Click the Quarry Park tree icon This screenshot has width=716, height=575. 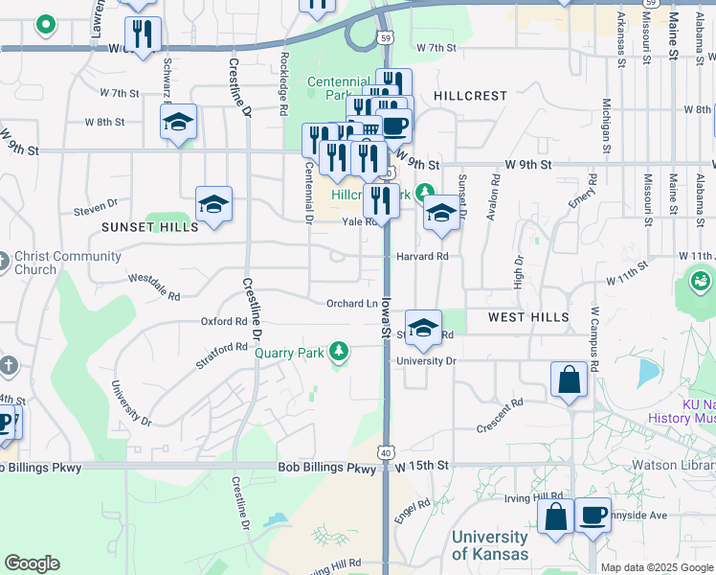(x=337, y=352)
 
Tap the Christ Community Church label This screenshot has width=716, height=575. (x=68, y=263)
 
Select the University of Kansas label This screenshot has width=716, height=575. (x=489, y=545)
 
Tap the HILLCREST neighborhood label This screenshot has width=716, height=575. (x=469, y=96)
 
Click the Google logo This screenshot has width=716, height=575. (x=32, y=563)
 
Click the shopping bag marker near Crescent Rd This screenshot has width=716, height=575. (x=570, y=379)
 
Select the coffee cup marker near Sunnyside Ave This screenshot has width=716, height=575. (x=593, y=517)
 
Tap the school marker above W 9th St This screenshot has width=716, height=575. (x=178, y=123)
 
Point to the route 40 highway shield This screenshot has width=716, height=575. (x=385, y=450)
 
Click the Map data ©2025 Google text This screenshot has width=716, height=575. (x=657, y=567)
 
